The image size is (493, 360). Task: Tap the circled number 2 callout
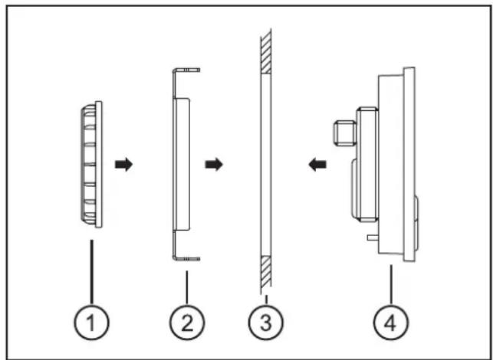(187, 323)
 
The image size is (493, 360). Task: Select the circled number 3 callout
(265, 323)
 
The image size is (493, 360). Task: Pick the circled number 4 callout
(389, 323)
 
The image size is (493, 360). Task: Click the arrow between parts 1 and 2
(123, 164)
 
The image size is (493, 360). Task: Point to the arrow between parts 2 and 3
(215, 164)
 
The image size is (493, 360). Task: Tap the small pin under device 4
(371, 238)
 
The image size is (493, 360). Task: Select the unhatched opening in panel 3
(265, 164)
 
